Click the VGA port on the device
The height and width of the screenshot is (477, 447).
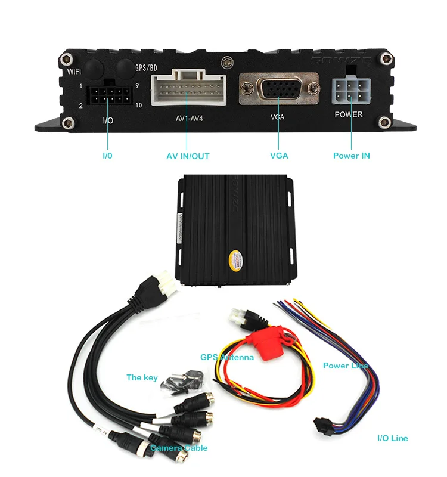pos(277,89)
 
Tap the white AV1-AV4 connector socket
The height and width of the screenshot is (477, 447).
pos(188,89)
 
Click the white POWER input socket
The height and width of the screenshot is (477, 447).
pos(349,92)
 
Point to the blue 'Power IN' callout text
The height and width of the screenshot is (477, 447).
pos(351,156)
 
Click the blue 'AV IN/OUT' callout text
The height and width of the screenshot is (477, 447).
pos(188,157)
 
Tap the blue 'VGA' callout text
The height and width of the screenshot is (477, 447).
pos(278,156)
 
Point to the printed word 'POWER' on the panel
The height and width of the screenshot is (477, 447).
pos(349,114)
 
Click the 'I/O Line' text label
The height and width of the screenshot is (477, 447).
pos(393,438)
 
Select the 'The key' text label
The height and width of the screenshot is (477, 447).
pos(142,377)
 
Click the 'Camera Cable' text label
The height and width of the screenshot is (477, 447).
pos(179,447)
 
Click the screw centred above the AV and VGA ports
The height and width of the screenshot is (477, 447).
pos(225,62)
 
